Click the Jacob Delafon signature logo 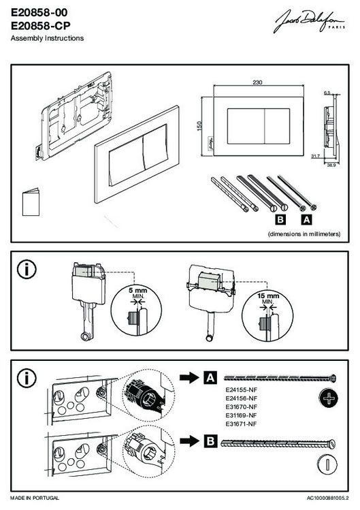310,22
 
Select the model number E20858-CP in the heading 41,25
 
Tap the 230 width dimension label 257,82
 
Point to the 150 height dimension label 199,126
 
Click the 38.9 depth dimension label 331,165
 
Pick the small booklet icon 31,202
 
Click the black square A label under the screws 306,220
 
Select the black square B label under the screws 280,220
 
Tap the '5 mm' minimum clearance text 138,291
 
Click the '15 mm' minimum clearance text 268,296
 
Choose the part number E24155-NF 242,389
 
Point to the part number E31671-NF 242,424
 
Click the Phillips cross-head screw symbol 329,398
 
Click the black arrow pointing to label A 189,378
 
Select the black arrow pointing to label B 189,441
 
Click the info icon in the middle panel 27,270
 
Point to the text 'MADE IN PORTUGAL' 35,498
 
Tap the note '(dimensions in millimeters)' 304,234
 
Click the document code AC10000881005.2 328,498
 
